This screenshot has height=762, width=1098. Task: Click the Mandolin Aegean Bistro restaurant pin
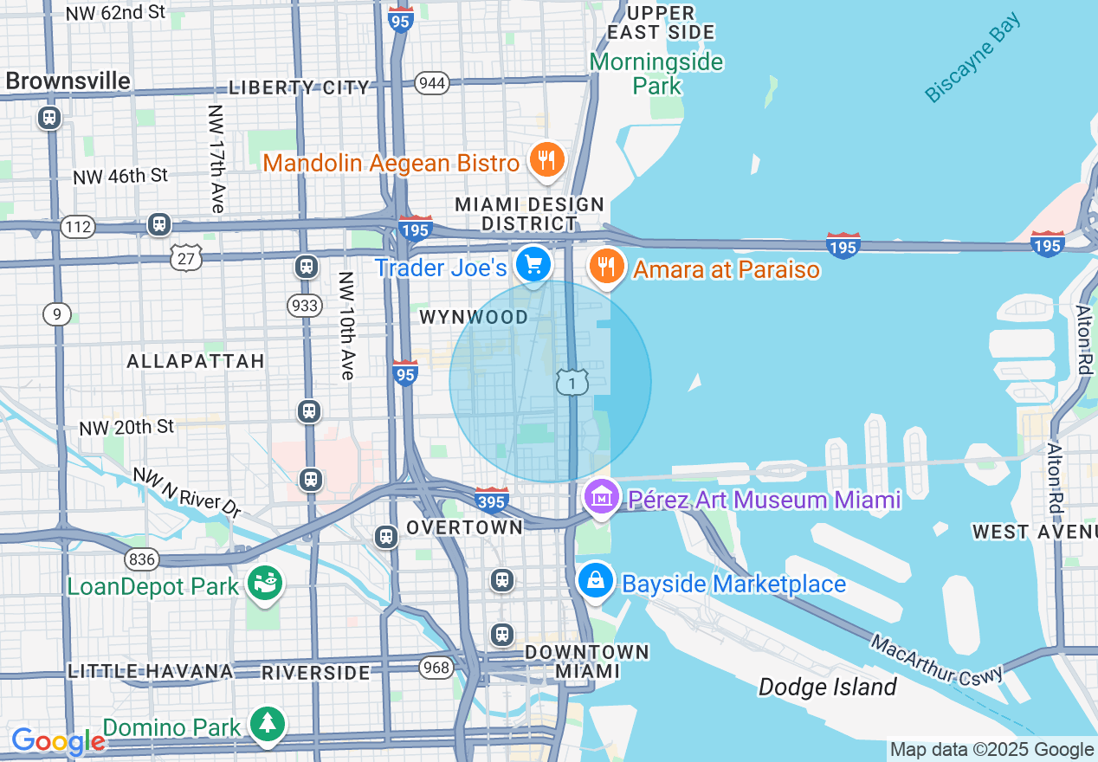click(546, 160)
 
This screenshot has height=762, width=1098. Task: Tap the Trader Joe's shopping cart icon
click(533, 263)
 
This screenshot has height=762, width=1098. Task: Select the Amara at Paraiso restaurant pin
click(607, 266)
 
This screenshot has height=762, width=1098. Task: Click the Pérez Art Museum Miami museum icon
click(599, 498)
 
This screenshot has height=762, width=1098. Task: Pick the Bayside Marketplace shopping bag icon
click(596, 581)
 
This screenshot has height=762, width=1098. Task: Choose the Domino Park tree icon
click(267, 724)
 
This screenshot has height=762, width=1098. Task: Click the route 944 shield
click(431, 83)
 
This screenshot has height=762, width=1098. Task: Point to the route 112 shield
click(78, 227)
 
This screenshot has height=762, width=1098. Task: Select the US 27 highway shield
click(187, 257)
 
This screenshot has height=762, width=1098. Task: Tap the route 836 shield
click(141, 559)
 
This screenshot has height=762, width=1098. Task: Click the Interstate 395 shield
click(491, 500)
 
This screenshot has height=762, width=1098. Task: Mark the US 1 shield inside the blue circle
click(572, 382)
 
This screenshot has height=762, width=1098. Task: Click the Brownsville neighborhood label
click(68, 81)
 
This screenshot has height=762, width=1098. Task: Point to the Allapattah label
click(196, 361)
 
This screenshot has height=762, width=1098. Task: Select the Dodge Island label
click(827, 688)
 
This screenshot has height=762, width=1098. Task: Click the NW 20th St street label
click(126, 427)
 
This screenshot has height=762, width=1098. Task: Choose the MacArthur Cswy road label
click(936, 660)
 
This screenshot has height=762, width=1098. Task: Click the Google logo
click(57, 742)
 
